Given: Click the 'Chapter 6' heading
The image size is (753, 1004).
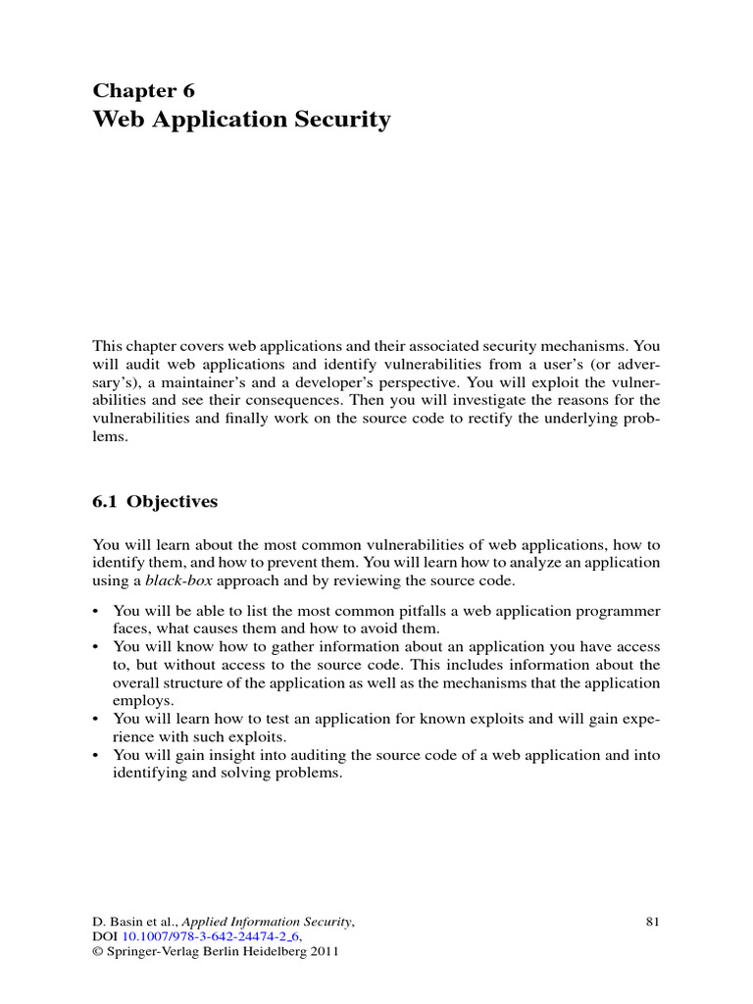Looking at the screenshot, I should tap(143, 91).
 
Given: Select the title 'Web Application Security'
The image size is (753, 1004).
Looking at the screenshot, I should tap(241, 121).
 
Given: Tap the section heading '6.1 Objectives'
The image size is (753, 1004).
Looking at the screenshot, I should tap(155, 502).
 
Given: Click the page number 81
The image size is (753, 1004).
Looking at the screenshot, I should tap(655, 922).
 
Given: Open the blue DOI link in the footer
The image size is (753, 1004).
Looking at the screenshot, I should tap(209, 939).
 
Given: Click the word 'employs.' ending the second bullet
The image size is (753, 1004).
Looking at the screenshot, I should tap(143, 701).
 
